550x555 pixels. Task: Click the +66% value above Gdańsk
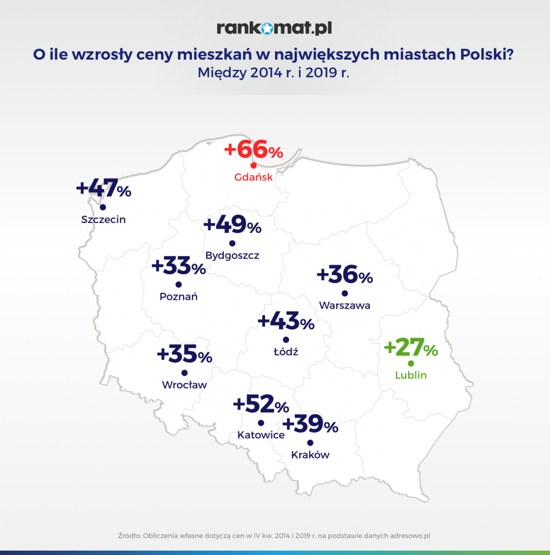[254, 149]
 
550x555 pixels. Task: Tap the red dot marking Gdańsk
[254, 165]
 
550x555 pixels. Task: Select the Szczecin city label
[103, 220]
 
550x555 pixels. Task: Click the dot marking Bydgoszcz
[232, 243]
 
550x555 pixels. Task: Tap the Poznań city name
[179, 296]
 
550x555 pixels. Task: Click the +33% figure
[179, 265]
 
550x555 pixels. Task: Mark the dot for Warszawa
[345, 293]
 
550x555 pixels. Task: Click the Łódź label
[286, 351]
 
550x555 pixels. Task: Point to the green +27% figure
[411, 347]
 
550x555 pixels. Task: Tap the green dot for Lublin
[411, 363]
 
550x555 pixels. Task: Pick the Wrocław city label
[184, 385]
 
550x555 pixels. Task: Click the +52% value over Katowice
[261, 404]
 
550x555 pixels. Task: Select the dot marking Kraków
[310, 443]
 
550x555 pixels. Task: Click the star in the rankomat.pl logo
[268, 28]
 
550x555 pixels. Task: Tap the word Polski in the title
[482, 55]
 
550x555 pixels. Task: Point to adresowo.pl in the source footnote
[410, 536]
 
